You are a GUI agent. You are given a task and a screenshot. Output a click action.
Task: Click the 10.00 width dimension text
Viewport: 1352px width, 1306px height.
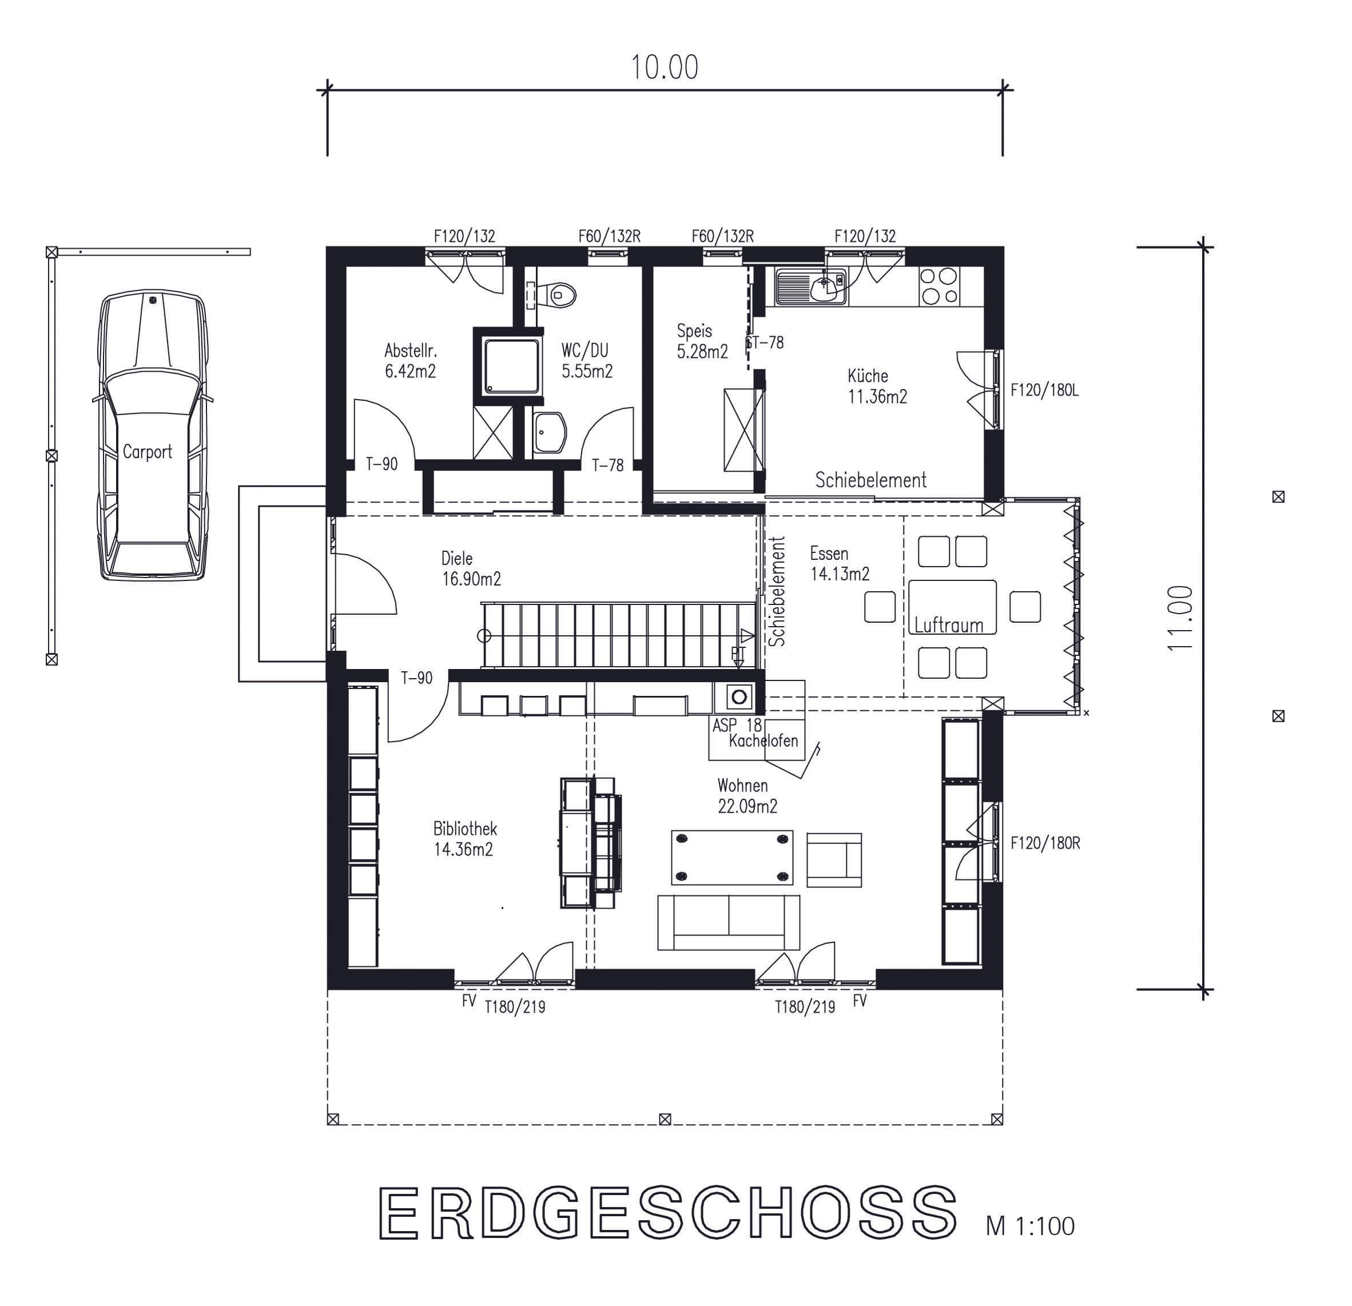pyautogui.click(x=664, y=67)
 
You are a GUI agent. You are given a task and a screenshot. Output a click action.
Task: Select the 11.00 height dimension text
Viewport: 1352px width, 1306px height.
pyautogui.click(x=1180, y=617)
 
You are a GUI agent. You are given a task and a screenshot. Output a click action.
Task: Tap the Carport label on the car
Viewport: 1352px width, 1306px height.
pyautogui.click(x=147, y=452)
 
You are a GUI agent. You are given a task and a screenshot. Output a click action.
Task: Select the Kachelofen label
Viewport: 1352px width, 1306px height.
pyautogui.click(x=764, y=740)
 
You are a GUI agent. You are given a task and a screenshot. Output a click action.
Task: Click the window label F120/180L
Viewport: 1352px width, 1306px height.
pyautogui.click(x=1044, y=391)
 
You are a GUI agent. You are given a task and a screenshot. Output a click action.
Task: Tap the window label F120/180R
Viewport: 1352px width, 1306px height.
pyautogui.click(x=1045, y=843)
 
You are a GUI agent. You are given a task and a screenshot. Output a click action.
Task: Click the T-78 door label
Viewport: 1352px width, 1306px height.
pyautogui.click(x=608, y=465)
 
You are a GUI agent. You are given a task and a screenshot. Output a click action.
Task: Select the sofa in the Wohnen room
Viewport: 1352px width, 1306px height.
pyautogui.click(x=729, y=923)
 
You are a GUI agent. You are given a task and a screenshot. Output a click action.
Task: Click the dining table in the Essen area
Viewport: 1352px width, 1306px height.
pyautogui.click(x=953, y=607)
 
